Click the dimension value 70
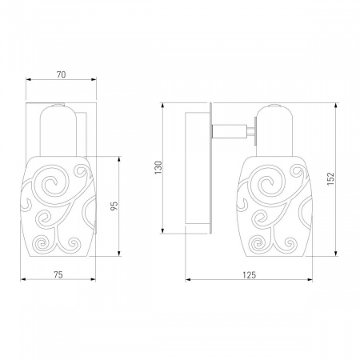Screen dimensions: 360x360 click(x=61, y=74)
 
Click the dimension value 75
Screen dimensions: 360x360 click(x=58, y=274)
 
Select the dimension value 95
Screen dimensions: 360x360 click(x=114, y=206)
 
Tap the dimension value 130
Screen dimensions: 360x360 click(x=158, y=168)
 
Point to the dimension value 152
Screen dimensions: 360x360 click(x=330, y=178)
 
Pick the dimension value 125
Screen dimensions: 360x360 click(x=249, y=275)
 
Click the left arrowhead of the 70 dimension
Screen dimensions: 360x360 click(x=28, y=79)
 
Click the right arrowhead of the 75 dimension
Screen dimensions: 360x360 click(x=93, y=279)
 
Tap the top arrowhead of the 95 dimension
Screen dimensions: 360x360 click(x=119, y=159)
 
